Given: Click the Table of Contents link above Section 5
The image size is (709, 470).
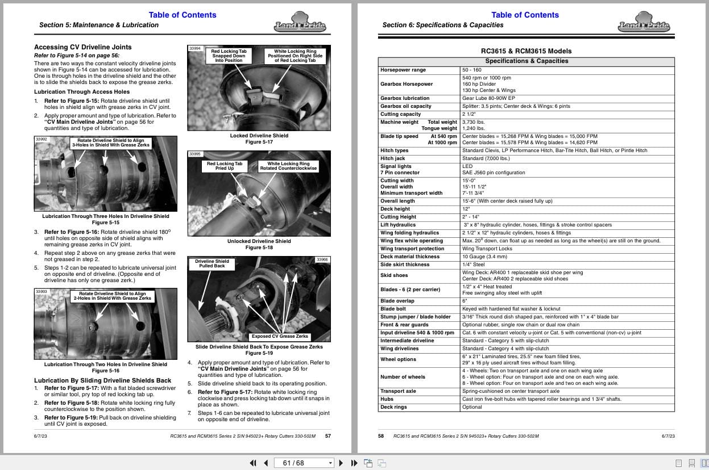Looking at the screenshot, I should click(x=182, y=15).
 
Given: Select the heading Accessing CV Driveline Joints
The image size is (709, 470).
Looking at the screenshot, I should click(x=82, y=47).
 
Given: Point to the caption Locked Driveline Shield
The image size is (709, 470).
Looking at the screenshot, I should click(x=259, y=136).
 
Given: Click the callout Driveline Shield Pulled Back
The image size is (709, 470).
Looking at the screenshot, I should click(x=212, y=263).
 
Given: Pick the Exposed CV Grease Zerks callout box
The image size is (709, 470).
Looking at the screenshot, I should click(x=280, y=336).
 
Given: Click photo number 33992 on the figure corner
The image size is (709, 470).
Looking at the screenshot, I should click(x=41, y=139).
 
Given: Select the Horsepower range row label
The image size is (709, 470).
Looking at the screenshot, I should click(x=403, y=70).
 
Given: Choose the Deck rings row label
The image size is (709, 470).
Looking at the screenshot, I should click(x=393, y=407).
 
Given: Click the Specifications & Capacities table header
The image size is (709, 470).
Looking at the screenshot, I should click(x=526, y=61).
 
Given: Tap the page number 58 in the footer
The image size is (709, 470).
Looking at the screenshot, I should click(x=381, y=436).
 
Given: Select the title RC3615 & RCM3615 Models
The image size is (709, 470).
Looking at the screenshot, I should click(x=526, y=51).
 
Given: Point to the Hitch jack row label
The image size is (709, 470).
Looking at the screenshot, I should click(x=392, y=158).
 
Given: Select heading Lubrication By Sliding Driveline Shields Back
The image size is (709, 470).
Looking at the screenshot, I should click(x=102, y=380).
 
